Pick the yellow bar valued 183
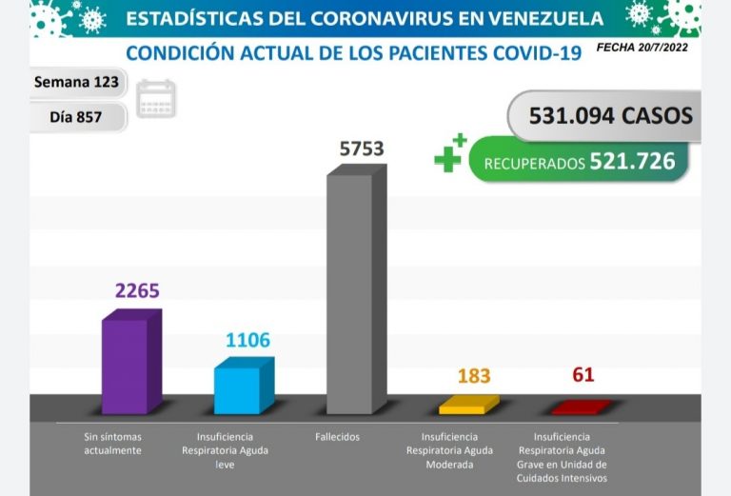(x=467, y=407)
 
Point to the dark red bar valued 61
(x=581, y=407)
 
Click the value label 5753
(x=362, y=149)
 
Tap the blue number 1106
(x=247, y=340)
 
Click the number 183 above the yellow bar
(x=473, y=375)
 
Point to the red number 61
(x=583, y=375)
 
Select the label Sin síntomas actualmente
(x=112, y=444)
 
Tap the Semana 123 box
(x=76, y=82)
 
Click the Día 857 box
(x=75, y=116)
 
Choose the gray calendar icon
(x=156, y=99)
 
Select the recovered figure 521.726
(x=632, y=162)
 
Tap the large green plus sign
(x=448, y=155)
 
